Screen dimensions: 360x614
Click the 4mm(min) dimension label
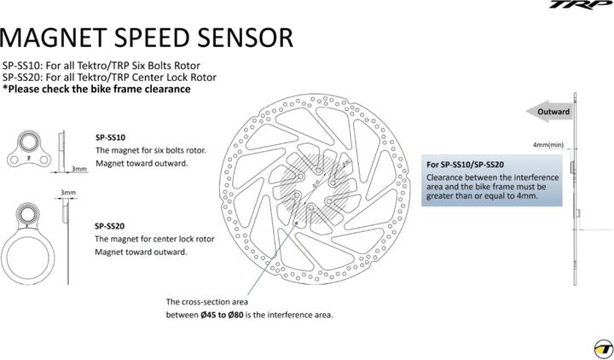pyautogui.click(x=549, y=145)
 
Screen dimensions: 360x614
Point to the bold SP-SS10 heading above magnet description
pyautogui.click(x=110, y=136)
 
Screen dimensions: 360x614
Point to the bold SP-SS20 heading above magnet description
pyautogui.click(x=110, y=226)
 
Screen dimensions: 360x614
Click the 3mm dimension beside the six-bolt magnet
pyautogui.click(x=78, y=169)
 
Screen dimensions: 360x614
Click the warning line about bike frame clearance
pyautogui.click(x=96, y=89)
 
